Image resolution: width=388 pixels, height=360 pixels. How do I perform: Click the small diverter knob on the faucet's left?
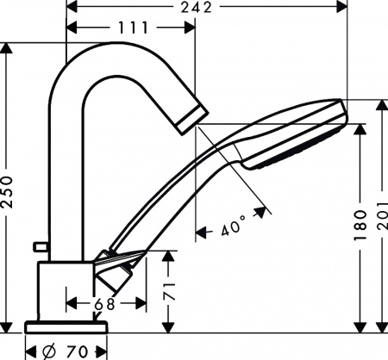point(37,247)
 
